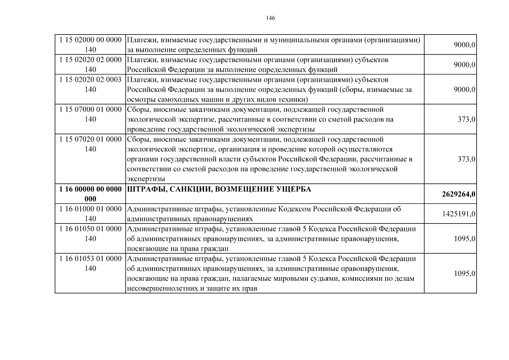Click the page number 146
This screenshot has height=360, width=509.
point(270,18)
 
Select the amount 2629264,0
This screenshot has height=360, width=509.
point(458,194)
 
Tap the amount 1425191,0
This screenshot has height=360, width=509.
point(459,214)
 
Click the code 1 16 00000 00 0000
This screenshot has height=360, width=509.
point(91,189)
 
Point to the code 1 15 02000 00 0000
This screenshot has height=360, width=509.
point(91,40)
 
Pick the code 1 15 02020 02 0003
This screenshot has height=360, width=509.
point(91,79)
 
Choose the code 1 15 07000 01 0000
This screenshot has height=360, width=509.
point(91,109)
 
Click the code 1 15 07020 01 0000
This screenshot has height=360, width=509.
point(91,139)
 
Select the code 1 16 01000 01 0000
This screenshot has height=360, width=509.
point(91,209)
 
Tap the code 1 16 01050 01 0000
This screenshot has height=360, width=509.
point(91,229)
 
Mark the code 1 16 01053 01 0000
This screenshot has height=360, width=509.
point(91,259)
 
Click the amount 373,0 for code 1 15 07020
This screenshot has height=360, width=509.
point(466,159)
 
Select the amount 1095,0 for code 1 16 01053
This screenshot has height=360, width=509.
point(465,274)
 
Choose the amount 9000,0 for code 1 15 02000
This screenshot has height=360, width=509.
point(464,45)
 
